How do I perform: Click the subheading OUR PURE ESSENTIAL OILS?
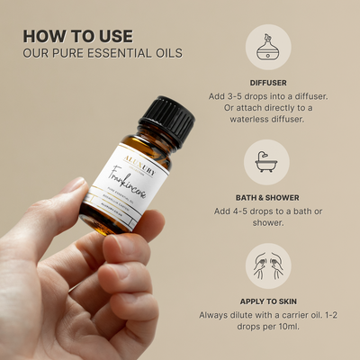point(102,53)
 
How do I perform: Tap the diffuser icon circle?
point(266,46)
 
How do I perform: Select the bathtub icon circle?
point(266,162)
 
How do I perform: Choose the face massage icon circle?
point(266,266)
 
